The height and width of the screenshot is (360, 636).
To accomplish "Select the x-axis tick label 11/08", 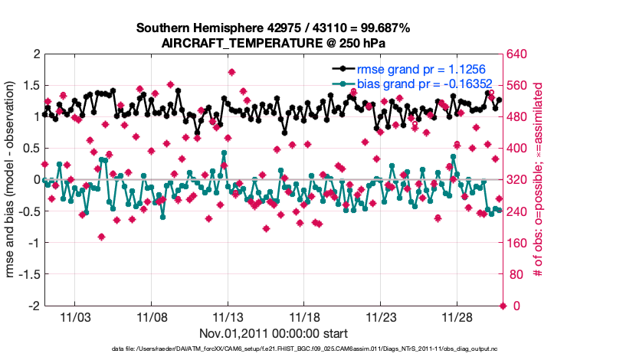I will click(152, 316).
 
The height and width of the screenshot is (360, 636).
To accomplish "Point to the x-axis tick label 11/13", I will click(228, 316).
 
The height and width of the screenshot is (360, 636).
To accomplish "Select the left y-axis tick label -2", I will click(34, 306).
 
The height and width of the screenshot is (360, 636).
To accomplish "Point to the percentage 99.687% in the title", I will click(385, 28).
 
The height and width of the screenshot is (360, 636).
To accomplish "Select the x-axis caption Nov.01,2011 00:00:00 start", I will click(274, 333).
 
